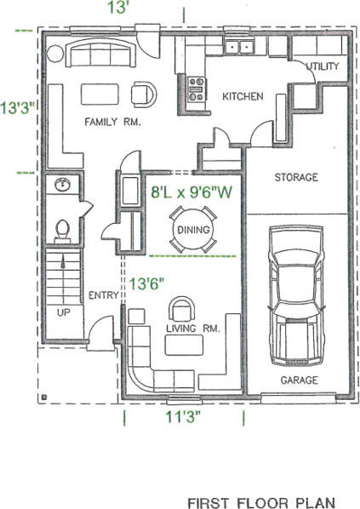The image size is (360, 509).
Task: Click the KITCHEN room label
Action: (243, 96)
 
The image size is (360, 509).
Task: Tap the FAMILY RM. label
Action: (112, 122)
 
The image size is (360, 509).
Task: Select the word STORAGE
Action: (296, 177)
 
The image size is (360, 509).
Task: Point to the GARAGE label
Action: (299, 380)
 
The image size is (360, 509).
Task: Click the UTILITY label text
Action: (323, 66)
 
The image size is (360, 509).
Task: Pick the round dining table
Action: (193, 230)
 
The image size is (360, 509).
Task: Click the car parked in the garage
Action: (295, 296)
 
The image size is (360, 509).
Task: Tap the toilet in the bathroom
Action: (63, 231)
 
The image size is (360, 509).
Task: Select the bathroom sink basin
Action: (62, 185)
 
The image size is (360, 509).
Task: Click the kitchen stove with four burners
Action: (197, 89)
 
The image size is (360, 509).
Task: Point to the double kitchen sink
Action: (239, 47)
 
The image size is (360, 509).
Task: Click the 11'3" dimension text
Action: (183, 416)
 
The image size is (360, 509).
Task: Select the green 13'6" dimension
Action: (146, 283)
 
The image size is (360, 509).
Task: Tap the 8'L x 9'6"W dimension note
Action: (191, 192)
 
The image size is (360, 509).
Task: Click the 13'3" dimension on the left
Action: (17, 108)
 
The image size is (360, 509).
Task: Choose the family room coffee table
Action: (100, 94)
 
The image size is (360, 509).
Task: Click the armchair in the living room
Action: (182, 309)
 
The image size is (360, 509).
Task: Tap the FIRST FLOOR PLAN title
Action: (261, 503)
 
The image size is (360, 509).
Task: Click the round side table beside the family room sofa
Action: (54, 54)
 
